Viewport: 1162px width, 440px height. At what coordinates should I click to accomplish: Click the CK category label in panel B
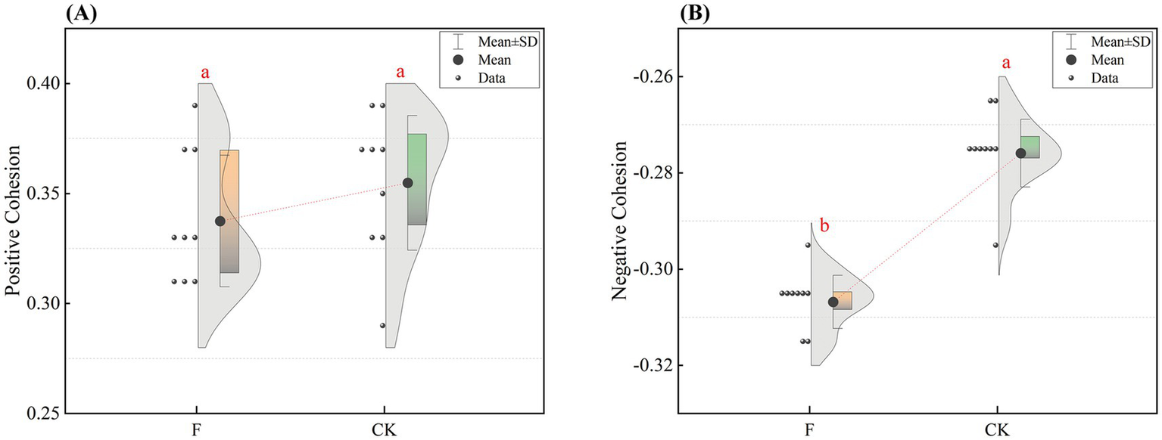pyautogui.click(x=997, y=429)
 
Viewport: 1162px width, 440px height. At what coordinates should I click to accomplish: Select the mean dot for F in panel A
pyautogui.click(x=220, y=221)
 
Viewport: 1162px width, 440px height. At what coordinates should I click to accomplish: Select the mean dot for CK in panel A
pyautogui.click(x=408, y=183)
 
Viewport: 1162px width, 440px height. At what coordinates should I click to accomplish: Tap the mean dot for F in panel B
pyautogui.click(x=833, y=302)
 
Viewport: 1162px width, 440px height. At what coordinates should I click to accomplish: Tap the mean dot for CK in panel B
pyautogui.click(x=1020, y=153)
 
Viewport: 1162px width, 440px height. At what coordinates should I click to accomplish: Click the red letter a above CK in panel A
pyautogui.click(x=400, y=73)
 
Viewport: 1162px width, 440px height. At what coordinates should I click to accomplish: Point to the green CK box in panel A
pyautogui.click(x=417, y=179)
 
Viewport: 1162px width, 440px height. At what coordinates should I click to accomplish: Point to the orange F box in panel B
pyautogui.click(x=843, y=301)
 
